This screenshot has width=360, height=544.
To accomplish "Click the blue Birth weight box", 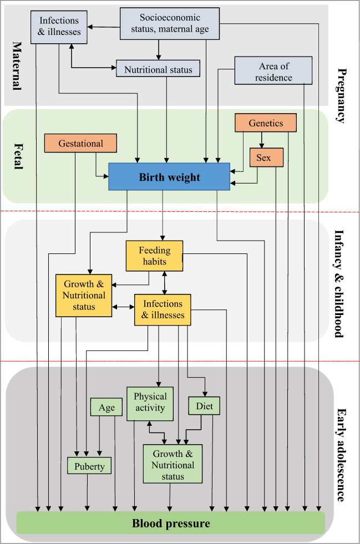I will (x=169, y=177).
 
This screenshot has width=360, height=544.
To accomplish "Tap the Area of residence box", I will (x=273, y=70).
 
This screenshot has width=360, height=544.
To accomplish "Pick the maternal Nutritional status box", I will (x=158, y=69).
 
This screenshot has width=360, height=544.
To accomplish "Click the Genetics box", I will (x=265, y=123).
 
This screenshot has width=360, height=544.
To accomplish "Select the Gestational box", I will (x=80, y=143).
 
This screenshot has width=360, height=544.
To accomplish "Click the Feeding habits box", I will (x=155, y=256).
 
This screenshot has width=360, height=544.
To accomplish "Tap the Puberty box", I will (x=89, y=466).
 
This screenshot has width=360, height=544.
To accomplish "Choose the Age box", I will (x=107, y=408).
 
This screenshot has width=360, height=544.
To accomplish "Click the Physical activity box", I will (x=150, y=403).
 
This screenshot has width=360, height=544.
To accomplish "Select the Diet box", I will (x=204, y=405).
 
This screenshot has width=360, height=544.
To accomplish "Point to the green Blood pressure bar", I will (x=170, y=523).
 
